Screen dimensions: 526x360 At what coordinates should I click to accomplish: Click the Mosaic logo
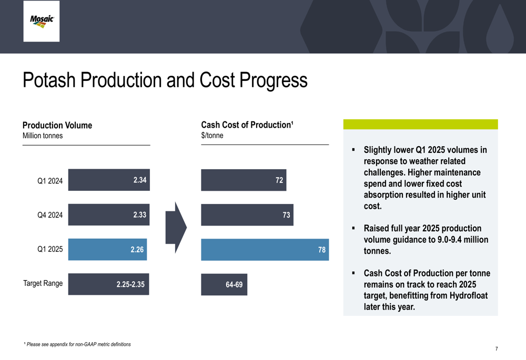pos(42,21)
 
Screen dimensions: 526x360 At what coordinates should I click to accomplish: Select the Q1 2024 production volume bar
pos(109,180)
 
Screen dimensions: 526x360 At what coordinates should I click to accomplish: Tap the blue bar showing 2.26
pos(107,250)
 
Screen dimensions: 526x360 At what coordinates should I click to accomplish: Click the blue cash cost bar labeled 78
pos(265,250)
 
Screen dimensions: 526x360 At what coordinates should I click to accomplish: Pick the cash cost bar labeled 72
pos(244,180)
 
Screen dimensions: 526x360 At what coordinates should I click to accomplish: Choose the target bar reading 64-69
pos(224,284)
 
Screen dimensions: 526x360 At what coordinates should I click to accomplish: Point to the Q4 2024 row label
pos(50,215)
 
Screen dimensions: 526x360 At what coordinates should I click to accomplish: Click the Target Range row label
pos(43,283)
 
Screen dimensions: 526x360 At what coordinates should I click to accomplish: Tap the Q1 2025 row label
pos(50,249)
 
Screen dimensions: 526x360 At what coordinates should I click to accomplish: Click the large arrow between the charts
pos(176,228)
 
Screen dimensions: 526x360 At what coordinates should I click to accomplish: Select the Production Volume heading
pos(57,126)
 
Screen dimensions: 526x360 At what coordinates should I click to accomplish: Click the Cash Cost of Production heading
pos(247,125)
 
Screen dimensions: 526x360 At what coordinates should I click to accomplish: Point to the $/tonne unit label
pos(212,136)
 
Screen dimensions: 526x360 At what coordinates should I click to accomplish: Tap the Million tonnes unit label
pos(43,136)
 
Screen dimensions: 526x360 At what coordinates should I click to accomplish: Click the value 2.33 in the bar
pos(139,215)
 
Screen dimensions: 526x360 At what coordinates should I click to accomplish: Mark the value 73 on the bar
pos(286,215)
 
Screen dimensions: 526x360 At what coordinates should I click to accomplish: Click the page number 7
pos(497,349)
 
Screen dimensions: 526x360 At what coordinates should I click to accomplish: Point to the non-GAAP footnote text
pos(77,344)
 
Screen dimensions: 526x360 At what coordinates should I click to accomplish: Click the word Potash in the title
pos(49,80)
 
